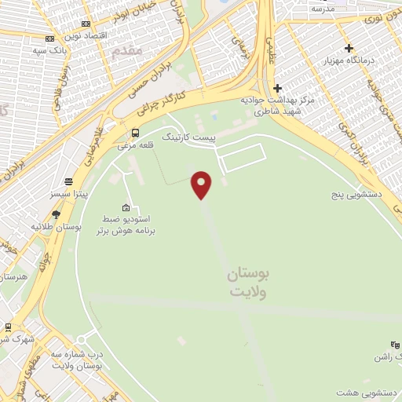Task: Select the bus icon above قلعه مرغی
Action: coord(136,132)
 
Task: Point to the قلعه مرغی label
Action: coord(133,145)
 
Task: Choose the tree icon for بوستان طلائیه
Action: coord(56,213)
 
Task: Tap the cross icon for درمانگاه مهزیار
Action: coord(349,48)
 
